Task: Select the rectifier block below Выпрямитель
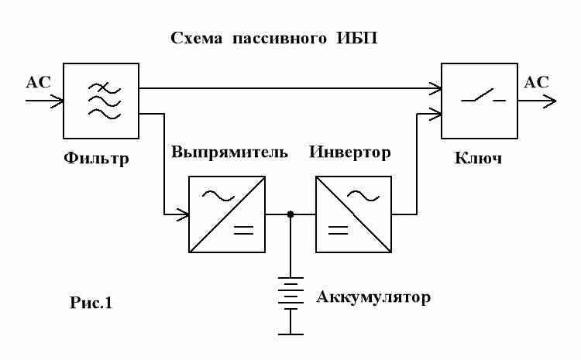click(x=226, y=214)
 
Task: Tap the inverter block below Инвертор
click(x=353, y=214)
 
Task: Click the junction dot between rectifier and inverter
click(x=290, y=214)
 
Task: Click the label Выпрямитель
click(x=230, y=152)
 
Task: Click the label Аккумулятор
click(x=372, y=297)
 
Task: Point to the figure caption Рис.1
click(x=91, y=303)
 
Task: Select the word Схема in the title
click(x=198, y=39)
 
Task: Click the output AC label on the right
click(x=537, y=82)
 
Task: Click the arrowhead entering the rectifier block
click(x=184, y=214)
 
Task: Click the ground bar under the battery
click(x=290, y=334)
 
